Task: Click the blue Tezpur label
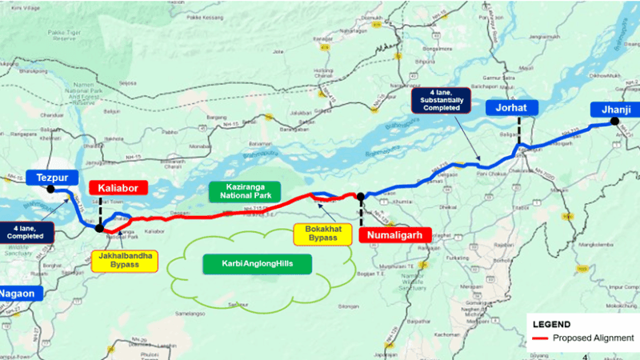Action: (50, 178)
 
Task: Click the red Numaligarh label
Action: (394, 235)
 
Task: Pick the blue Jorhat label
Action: (510, 109)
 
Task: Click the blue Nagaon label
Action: (18, 293)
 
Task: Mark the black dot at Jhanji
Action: (614, 122)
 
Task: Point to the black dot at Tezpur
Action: (51, 190)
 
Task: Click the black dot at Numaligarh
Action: (360, 196)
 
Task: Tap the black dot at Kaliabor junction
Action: (99, 228)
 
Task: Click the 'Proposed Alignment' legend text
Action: (591, 338)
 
